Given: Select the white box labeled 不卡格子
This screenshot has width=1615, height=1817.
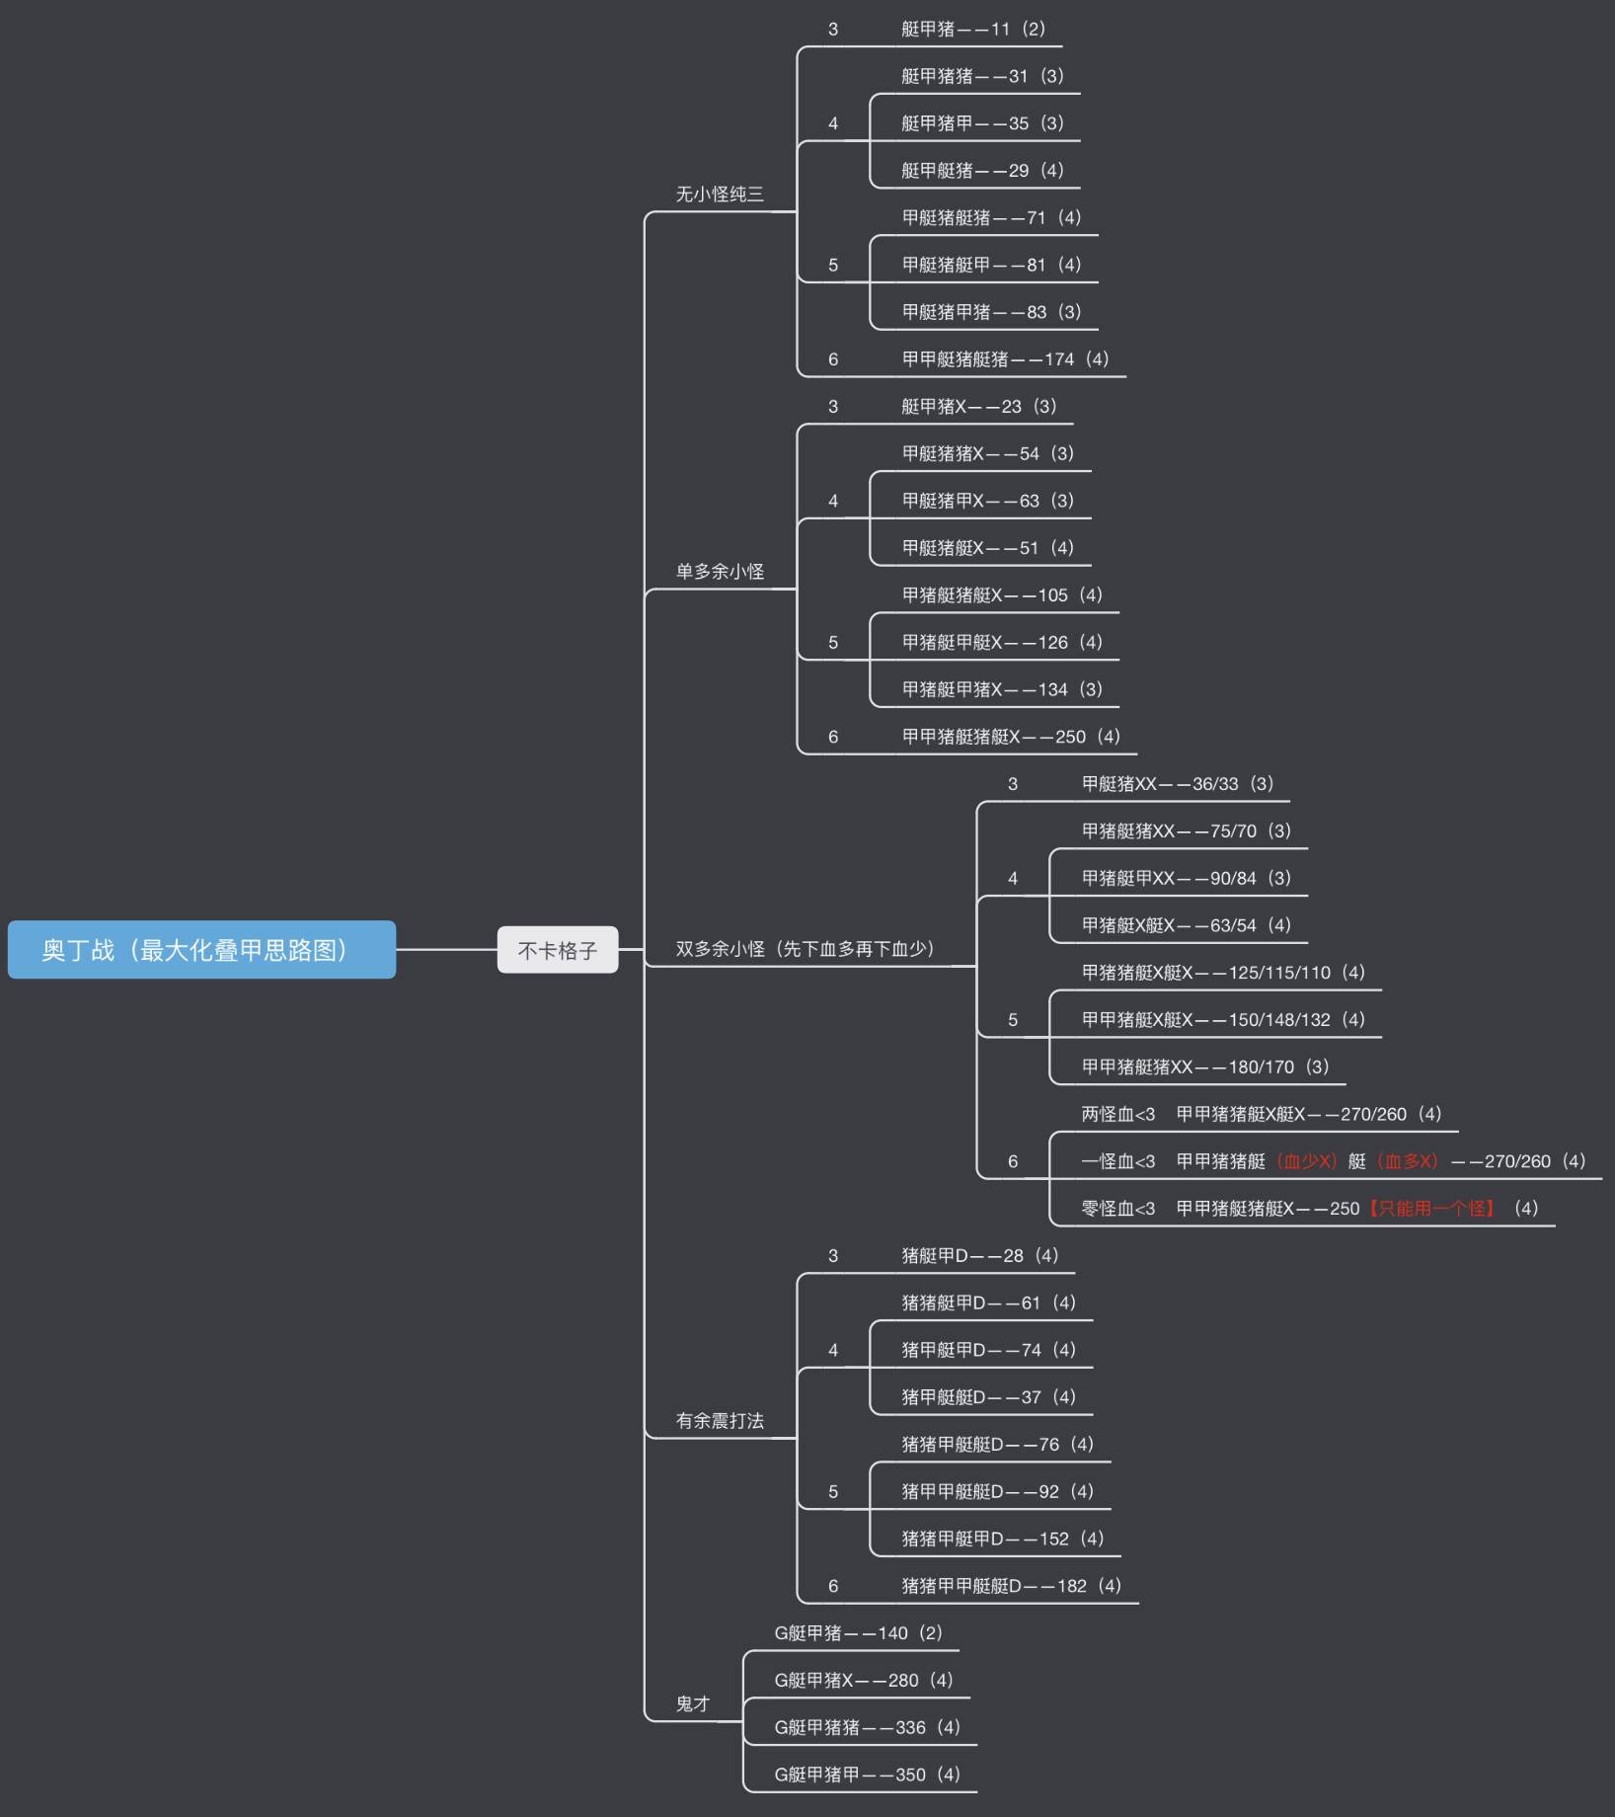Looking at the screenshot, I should (558, 950).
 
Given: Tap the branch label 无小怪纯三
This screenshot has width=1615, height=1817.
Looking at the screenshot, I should (720, 195).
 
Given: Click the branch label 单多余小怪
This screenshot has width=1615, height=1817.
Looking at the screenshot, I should (720, 572).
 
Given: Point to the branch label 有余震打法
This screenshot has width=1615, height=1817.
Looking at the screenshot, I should (720, 1421).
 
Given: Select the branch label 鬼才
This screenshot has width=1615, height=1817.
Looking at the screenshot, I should (693, 1704).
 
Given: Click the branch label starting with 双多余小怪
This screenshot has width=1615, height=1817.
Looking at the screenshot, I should (805, 949).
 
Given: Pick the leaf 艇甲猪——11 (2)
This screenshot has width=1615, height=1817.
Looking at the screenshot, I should (973, 30).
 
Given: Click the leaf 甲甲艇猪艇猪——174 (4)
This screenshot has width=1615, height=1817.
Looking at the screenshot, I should (1005, 359).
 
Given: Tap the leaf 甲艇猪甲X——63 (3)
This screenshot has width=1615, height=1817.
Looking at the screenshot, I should (987, 501).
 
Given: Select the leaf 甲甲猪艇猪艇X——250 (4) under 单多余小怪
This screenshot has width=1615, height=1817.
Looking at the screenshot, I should (1011, 737).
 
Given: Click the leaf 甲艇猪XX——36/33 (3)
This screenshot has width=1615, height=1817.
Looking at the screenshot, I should (1178, 784).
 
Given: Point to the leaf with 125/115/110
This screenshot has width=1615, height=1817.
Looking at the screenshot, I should (1223, 973).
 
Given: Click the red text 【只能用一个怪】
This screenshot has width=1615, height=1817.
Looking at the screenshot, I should (1431, 1209).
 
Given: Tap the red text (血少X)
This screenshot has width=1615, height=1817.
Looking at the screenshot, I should (1307, 1161).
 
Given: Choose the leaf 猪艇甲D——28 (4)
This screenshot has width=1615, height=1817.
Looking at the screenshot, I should (979, 1256).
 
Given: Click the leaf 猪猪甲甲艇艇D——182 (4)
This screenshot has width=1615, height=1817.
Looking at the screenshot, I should (1011, 1586).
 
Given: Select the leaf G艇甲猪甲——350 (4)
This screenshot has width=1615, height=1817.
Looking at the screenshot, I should (867, 1775).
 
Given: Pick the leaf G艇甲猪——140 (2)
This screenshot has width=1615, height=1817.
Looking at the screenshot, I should (858, 1633).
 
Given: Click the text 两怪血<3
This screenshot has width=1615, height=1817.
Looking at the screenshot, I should (1117, 1115).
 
